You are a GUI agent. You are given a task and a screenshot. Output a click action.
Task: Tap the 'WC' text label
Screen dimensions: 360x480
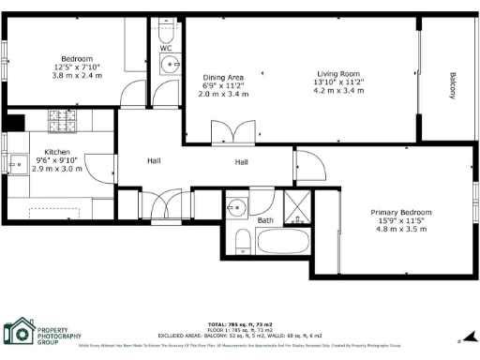[166, 48]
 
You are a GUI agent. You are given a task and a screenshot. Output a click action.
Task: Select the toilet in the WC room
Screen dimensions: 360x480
[167, 30]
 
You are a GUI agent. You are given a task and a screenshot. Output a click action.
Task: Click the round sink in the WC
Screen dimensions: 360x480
[170, 65]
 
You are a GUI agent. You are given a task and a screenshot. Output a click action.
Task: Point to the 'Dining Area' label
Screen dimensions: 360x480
[223, 78]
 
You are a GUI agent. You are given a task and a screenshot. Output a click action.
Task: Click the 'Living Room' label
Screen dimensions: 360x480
[338, 73]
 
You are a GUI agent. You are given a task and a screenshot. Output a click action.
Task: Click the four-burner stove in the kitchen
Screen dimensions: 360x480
[67, 122]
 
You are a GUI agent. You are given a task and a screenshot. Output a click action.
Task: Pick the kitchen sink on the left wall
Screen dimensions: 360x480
[16, 163]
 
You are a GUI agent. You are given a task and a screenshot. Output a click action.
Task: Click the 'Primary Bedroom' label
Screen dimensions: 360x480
[400, 213]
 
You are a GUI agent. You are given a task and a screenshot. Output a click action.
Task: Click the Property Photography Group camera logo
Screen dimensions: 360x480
[18, 332]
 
